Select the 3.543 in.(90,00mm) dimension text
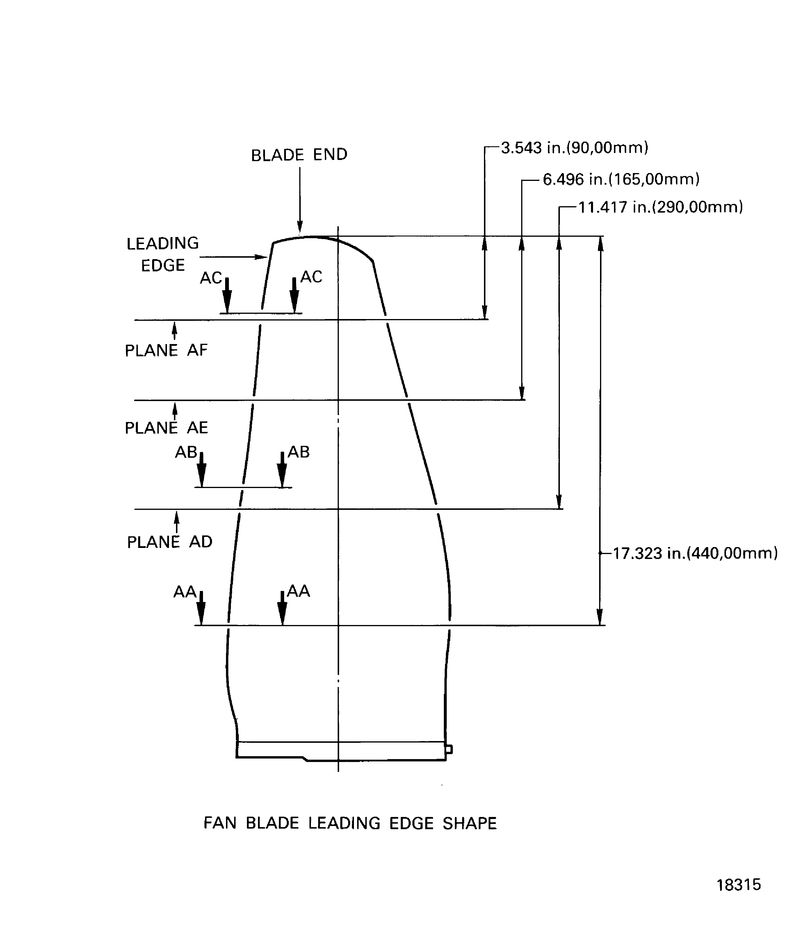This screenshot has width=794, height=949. (574, 148)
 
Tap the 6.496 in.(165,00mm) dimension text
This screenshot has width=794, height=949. (621, 179)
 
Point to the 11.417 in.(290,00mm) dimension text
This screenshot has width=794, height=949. (660, 207)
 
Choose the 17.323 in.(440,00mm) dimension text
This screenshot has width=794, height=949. (695, 553)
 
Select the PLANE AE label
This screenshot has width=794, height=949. (166, 428)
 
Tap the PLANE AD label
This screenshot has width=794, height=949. (170, 542)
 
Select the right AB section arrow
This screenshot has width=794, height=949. (282, 470)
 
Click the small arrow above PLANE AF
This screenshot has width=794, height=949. (175, 330)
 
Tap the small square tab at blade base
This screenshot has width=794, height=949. (449, 749)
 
